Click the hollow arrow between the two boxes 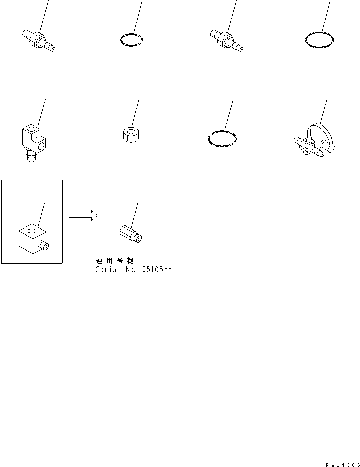point(83,215)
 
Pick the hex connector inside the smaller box point(131,234)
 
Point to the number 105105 point(151,269)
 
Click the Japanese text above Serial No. point(115,261)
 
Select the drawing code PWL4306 point(342,464)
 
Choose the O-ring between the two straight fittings point(131,40)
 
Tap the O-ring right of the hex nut point(222,139)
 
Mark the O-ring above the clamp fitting point(319,40)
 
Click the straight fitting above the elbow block point(39,41)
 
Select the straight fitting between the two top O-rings point(227,40)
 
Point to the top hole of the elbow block point(31,130)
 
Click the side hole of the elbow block point(42,146)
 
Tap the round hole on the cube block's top point(31,230)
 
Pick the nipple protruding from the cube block point(44,245)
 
